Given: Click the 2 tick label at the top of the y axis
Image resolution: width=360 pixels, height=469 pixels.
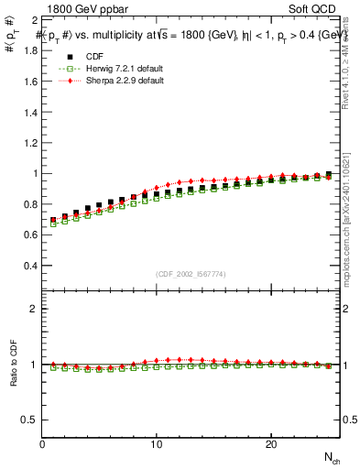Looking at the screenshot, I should coord(34,19).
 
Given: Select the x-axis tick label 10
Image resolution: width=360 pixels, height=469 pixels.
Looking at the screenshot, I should coord(157,444).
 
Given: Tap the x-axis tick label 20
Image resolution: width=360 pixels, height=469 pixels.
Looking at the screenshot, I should coord(271,444).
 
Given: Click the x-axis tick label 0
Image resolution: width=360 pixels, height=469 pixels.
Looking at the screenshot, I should coord(42,444).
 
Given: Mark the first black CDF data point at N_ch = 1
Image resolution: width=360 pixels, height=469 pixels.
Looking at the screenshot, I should coord(53,221).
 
